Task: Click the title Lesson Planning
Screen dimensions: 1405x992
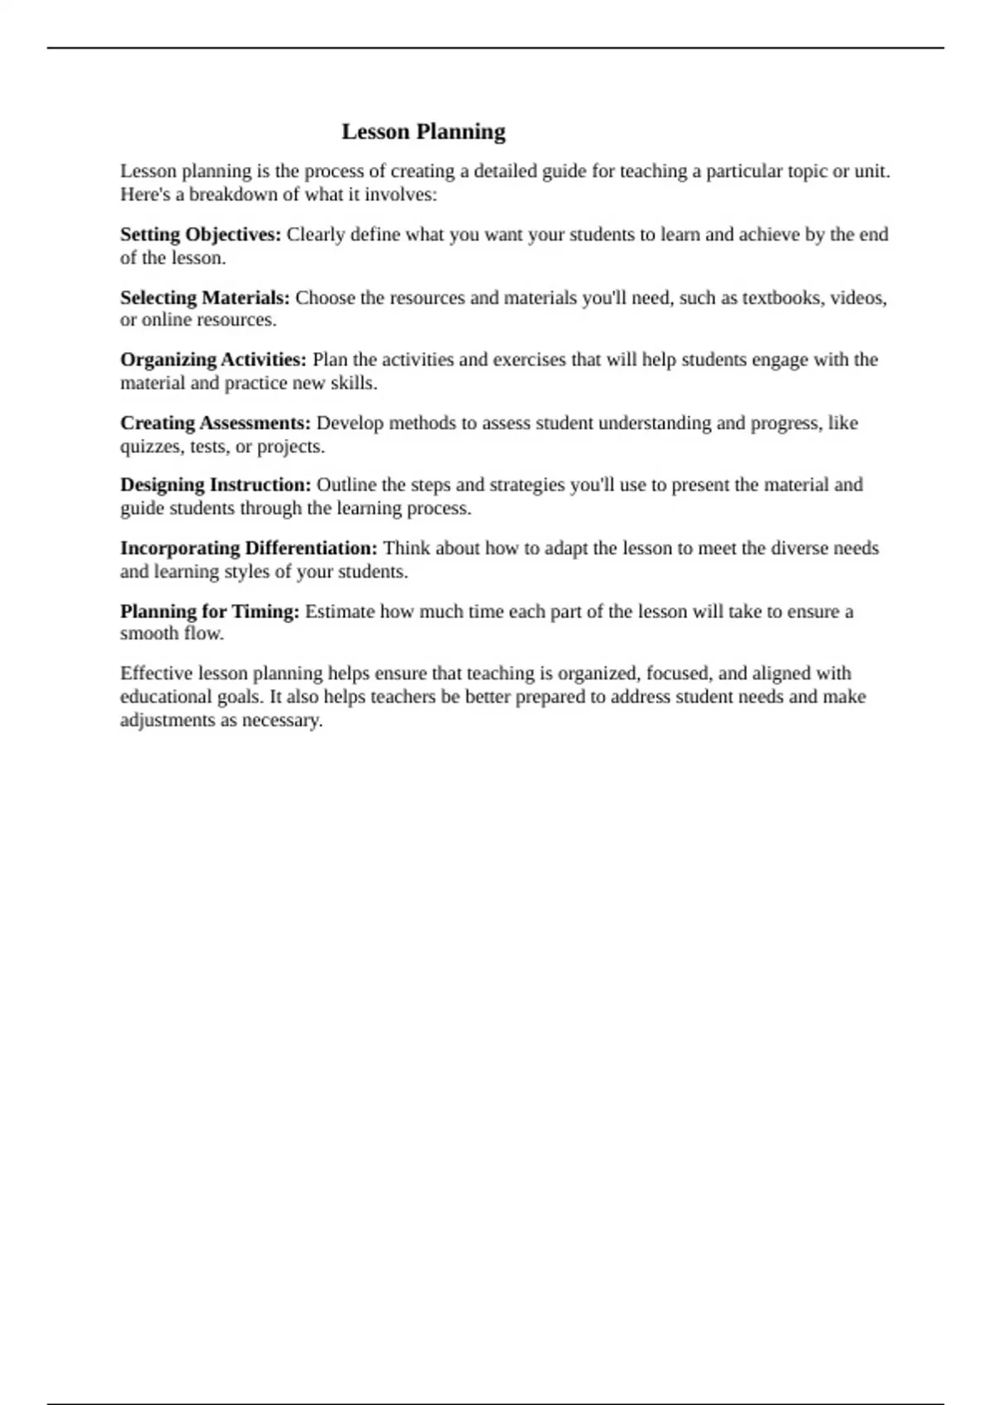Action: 423,131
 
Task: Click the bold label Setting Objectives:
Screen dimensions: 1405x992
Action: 201,235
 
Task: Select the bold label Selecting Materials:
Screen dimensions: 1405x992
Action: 205,298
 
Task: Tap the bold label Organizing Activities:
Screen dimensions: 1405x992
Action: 213,360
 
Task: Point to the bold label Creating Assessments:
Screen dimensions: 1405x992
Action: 216,423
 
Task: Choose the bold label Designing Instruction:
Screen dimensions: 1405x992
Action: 216,484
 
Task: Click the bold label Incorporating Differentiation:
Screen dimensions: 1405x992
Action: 249,548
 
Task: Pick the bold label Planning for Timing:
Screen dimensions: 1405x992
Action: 210,612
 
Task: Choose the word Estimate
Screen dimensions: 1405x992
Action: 340,612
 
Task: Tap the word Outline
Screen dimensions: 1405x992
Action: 346,484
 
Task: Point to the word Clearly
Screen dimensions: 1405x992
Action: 315,235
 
